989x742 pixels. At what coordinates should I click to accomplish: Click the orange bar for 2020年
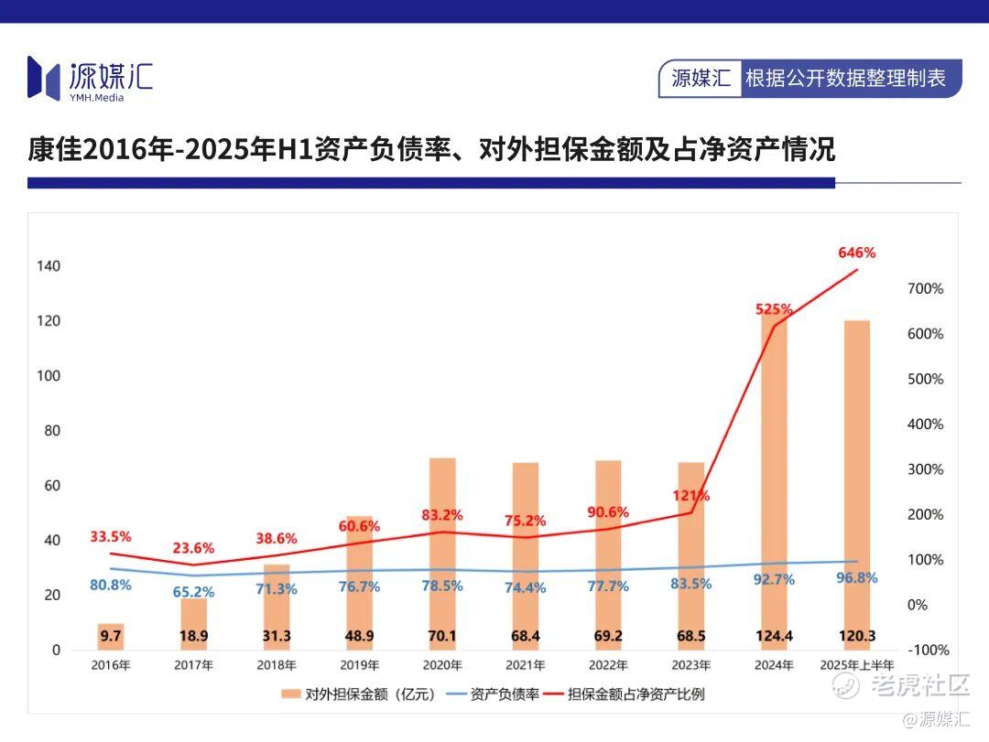tap(443, 549)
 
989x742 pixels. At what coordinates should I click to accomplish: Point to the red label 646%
tap(857, 253)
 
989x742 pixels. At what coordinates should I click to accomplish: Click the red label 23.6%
tap(194, 548)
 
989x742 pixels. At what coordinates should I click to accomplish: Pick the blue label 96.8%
tap(857, 577)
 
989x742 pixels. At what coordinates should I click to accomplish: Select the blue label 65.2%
tap(194, 592)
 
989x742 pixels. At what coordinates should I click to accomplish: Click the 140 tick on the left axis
tap(49, 266)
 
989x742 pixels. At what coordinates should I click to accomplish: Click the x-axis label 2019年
tap(360, 665)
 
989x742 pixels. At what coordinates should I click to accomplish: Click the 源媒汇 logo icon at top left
tap(43, 77)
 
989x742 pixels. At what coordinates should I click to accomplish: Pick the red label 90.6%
tap(608, 512)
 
